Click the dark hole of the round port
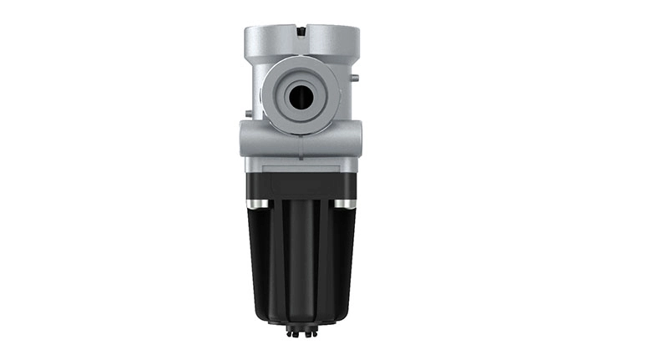click(x=299, y=98)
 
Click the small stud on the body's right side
click(x=356, y=79)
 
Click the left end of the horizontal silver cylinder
click(x=245, y=139)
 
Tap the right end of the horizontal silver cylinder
click(x=356, y=139)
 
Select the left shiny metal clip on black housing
click(x=257, y=204)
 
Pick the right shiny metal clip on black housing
click(x=344, y=204)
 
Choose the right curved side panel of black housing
click(x=341, y=259)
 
